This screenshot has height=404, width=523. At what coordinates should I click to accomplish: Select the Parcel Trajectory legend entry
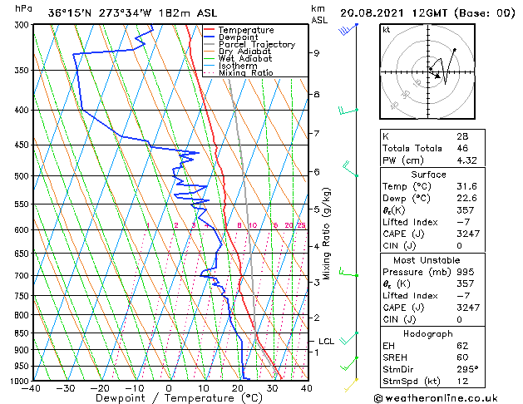(256, 45)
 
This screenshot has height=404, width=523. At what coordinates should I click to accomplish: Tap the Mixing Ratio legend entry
(245, 73)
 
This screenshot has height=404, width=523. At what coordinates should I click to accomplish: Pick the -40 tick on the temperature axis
(32, 388)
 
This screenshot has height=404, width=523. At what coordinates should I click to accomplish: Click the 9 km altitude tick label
(317, 53)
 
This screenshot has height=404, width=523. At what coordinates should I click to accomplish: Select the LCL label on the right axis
(326, 341)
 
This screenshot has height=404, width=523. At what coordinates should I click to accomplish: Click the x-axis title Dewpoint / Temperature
(169, 398)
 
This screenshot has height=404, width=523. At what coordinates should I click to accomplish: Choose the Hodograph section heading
(429, 333)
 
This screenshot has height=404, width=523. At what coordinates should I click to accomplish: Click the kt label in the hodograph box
(386, 29)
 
